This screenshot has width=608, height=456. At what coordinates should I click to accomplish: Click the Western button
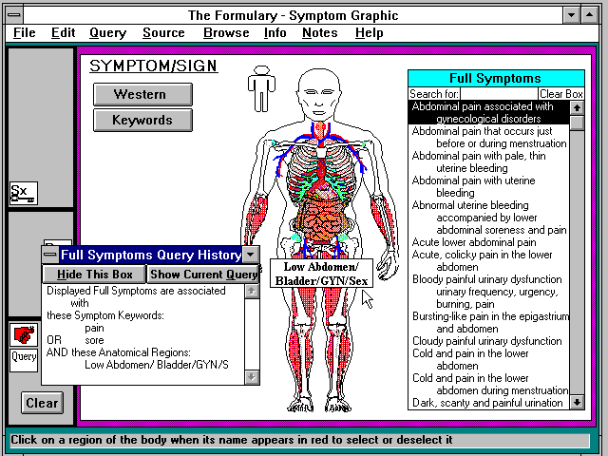click(x=142, y=94)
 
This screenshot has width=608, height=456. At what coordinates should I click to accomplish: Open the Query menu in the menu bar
click(x=107, y=33)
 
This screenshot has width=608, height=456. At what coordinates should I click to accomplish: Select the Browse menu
click(x=226, y=33)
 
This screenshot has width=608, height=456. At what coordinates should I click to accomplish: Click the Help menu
click(x=370, y=33)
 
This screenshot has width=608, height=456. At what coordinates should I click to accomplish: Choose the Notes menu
click(x=320, y=33)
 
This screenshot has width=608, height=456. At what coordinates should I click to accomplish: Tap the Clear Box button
click(x=561, y=94)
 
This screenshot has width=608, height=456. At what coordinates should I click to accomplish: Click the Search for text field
click(x=499, y=94)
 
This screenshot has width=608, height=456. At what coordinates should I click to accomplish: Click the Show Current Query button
click(x=203, y=275)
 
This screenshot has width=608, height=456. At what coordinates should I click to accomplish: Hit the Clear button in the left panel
click(x=42, y=403)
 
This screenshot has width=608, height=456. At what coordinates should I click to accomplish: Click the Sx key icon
click(x=24, y=193)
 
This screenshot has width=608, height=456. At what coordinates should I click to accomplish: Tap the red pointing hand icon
click(x=24, y=335)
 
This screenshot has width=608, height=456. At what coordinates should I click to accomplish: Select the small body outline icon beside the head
click(x=262, y=88)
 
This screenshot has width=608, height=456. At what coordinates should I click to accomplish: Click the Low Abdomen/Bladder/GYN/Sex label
click(x=321, y=274)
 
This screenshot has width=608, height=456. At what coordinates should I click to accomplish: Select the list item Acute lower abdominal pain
click(x=474, y=242)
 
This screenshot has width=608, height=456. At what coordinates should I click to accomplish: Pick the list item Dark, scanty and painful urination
click(x=487, y=403)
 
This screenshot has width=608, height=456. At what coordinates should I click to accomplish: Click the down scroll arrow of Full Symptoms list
click(x=577, y=403)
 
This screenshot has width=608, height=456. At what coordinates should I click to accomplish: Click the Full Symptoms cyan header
click(x=496, y=78)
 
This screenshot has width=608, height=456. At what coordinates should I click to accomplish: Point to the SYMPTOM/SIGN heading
click(x=153, y=66)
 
